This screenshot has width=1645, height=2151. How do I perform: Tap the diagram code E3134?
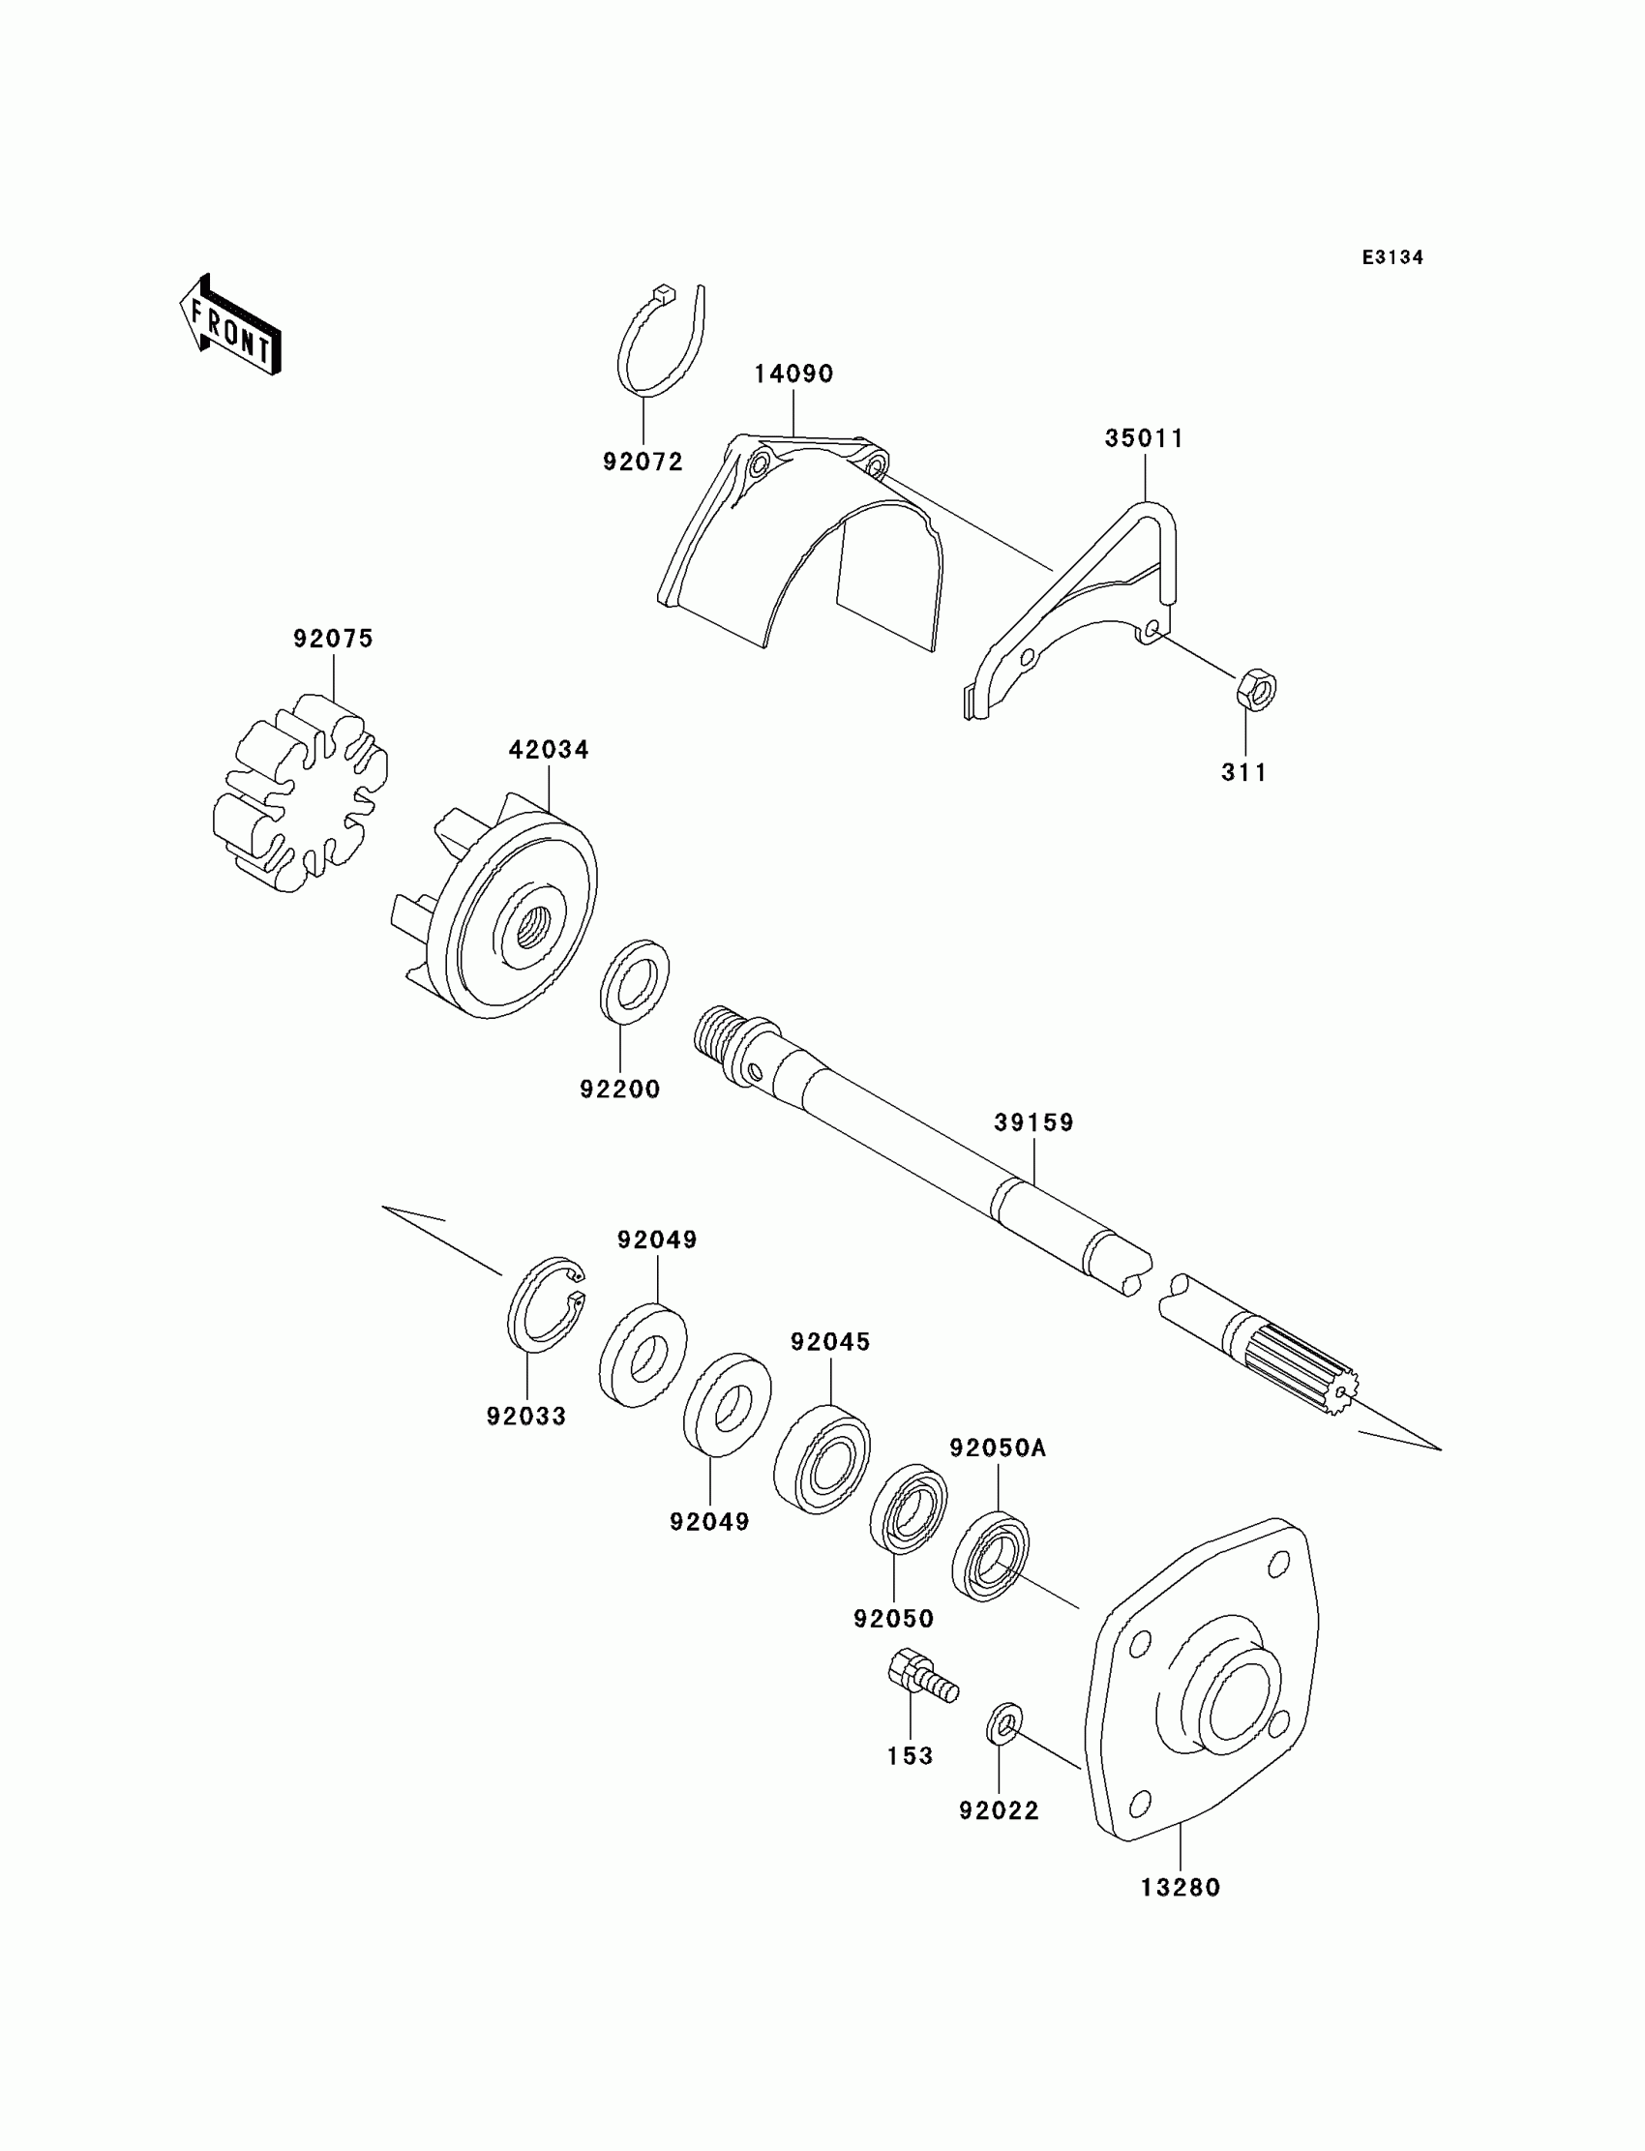coord(1391,257)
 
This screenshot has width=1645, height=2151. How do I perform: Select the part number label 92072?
coord(643,462)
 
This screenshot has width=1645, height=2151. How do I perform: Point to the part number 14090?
coord(793,374)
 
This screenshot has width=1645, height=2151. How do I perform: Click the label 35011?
coord(1144,438)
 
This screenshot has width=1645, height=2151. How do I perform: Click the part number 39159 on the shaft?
coord(1034,1122)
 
